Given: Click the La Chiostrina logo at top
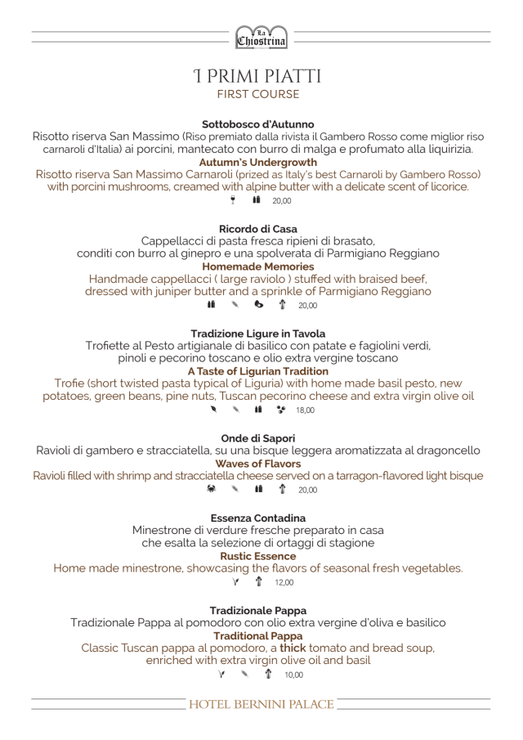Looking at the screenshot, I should [261, 35].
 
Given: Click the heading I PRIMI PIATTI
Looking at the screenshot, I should [257, 77].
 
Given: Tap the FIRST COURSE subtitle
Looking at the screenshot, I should [257, 95].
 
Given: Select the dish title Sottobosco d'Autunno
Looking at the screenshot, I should [257, 124].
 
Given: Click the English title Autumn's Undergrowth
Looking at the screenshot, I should [257, 163].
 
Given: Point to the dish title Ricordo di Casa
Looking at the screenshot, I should [257, 229].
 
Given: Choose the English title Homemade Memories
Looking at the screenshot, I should [257, 267].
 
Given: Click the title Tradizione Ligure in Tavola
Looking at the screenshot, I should [257, 334].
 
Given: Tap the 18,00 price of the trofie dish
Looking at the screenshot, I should [305, 410].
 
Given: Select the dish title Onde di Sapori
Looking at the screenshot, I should [257, 438].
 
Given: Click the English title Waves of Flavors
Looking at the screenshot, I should [257, 464].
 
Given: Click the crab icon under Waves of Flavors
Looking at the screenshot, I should [212, 490].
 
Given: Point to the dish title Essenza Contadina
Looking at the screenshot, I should [257, 518].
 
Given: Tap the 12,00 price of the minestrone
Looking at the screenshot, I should [284, 583].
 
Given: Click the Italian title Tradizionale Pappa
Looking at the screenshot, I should [257, 611].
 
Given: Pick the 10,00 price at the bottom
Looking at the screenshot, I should [293, 675].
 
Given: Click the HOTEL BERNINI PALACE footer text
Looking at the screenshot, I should [261, 705].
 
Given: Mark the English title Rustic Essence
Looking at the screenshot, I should [257, 556].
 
